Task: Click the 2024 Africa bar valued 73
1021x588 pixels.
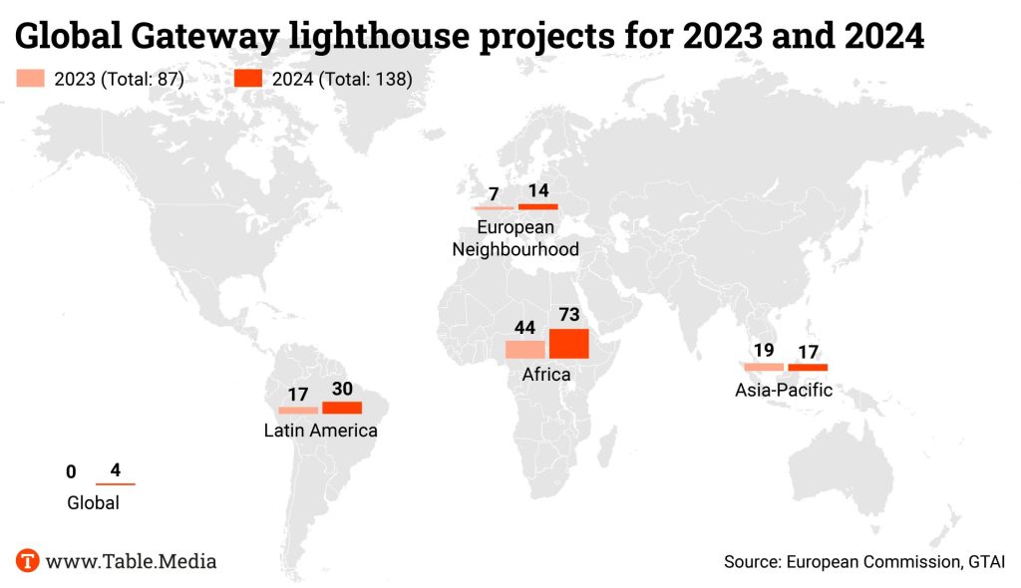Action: (x=568, y=343)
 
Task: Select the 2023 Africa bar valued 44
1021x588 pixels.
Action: (x=524, y=349)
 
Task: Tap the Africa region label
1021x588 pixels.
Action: (x=546, y=375)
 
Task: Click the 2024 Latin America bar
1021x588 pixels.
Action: (x=342, y=408)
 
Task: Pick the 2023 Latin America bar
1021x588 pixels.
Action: (x=298, y=410)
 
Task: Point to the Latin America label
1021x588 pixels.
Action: (x=320, y=431)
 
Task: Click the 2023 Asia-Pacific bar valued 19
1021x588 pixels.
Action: (x=764, y=368)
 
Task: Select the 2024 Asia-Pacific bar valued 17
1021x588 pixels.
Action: (x=808, y=368)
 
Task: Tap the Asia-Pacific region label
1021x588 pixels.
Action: (x=784, y=390)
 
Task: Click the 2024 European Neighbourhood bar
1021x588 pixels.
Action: (x=538, y=206)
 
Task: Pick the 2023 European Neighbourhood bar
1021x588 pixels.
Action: (x=494, y=207)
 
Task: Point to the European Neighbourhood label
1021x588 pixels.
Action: (x=515, y=238)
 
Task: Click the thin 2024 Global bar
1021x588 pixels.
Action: (x=115, y=484)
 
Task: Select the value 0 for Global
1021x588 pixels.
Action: (x=71, y=471)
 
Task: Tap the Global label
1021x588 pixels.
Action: (x=93, y=502)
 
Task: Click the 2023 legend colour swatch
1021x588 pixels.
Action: (x=31, y=80)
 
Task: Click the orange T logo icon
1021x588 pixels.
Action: (x=28, y=560)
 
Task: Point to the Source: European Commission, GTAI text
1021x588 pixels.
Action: (x=863, y=562)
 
